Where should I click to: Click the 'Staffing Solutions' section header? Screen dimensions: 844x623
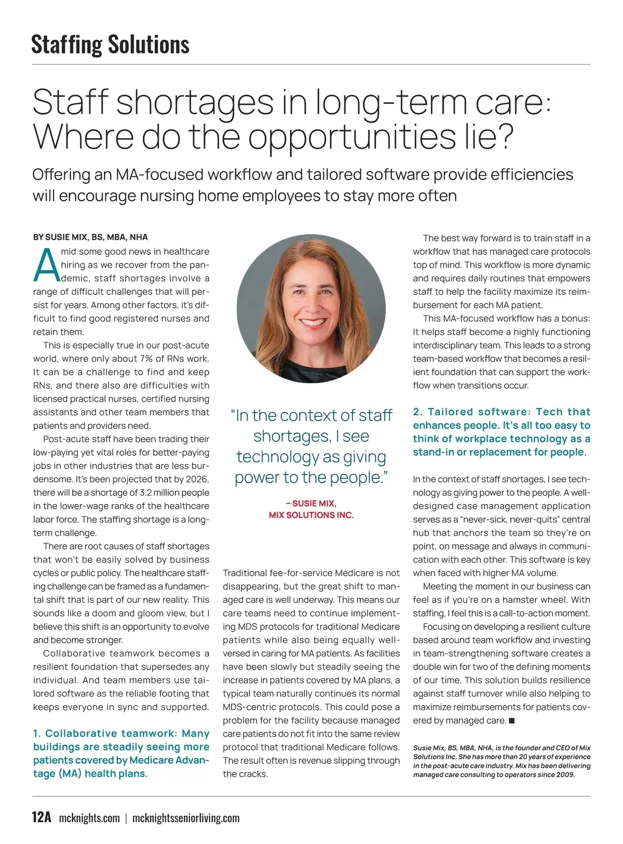[110, 44]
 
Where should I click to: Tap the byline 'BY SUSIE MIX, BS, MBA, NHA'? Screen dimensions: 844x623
[90, 237]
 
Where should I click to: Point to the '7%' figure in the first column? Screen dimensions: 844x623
[146, 359]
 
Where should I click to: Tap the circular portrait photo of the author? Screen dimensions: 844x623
[311, 308]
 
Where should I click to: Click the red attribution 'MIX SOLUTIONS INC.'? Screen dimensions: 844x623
[311, 515]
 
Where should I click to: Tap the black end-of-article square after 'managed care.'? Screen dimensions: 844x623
[512, 720]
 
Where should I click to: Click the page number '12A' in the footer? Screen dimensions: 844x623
[42, 818]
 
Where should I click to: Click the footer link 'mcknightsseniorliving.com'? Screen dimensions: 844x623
[186, 818]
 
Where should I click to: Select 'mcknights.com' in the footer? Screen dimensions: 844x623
[89, 818]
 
